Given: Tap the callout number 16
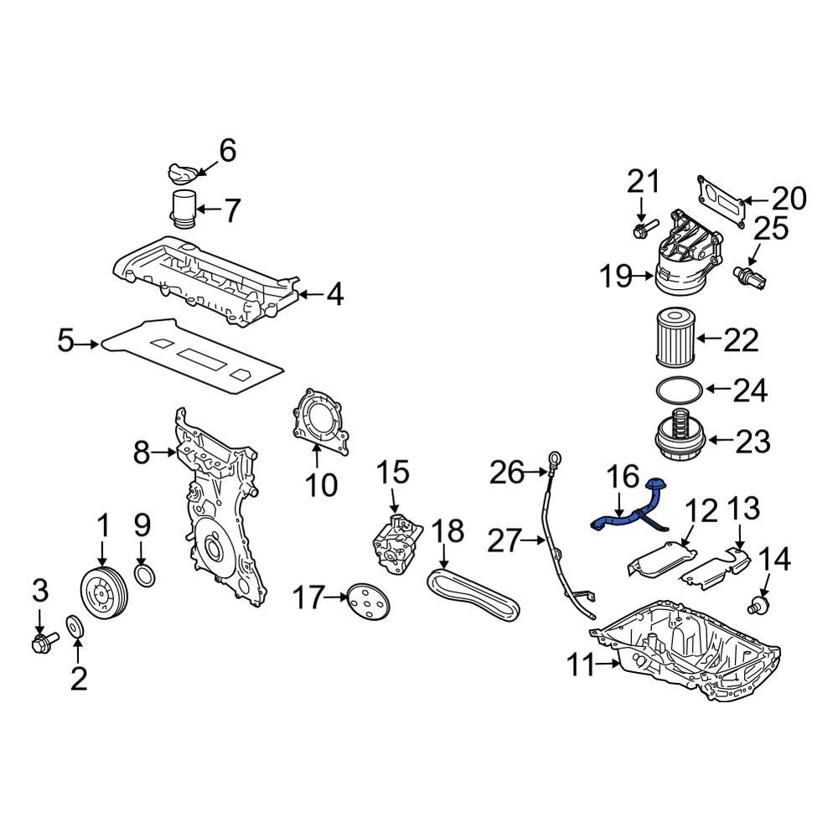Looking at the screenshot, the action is coord(623,476).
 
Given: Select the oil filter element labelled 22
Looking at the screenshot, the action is coord(674,337).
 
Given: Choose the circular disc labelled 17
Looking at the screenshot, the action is coord(368,601).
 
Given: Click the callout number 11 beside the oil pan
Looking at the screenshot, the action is coord(581,666).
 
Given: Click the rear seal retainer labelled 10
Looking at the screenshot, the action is coord(319,426).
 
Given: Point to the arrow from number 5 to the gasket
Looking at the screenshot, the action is coord(87,344).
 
